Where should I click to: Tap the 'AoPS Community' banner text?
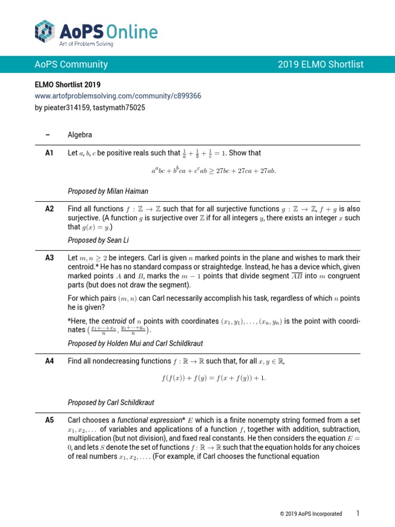click(71, 64)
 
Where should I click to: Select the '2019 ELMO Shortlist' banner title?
click(320, 64)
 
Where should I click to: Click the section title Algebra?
click(80, 135)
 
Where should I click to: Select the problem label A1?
click(50, 153)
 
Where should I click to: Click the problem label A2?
click(50, 209)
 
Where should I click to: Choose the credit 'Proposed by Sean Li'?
click(97, 240)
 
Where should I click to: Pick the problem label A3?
click(50, 257)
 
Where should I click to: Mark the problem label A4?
click(50, 361)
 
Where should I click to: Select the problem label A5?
click(50, 420)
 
